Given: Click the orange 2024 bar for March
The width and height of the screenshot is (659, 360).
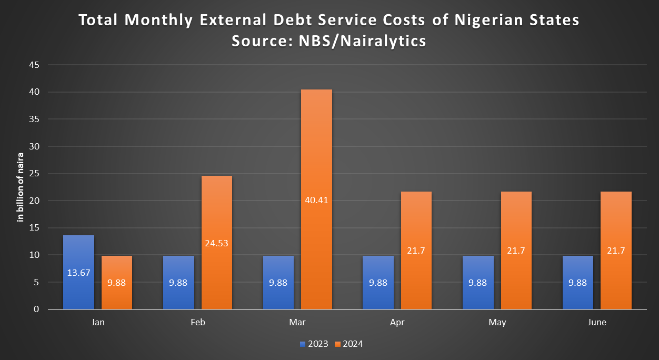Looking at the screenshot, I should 316,158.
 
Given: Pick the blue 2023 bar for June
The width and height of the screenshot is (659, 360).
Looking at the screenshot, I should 577,289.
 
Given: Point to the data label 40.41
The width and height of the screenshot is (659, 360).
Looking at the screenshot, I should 316,201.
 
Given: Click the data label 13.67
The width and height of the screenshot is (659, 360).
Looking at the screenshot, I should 78,273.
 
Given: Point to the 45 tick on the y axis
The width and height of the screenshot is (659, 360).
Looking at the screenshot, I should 35,65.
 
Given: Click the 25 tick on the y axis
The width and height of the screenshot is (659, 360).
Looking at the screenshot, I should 35,174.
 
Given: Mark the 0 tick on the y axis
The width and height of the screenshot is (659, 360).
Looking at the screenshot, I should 37,309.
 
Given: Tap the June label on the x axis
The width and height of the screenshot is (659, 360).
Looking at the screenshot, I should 597,323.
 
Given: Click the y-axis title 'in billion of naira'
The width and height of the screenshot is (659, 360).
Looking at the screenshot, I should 21,187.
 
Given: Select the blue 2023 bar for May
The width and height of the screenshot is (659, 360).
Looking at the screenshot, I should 478,289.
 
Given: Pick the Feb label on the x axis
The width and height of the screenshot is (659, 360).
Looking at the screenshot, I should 197,323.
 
